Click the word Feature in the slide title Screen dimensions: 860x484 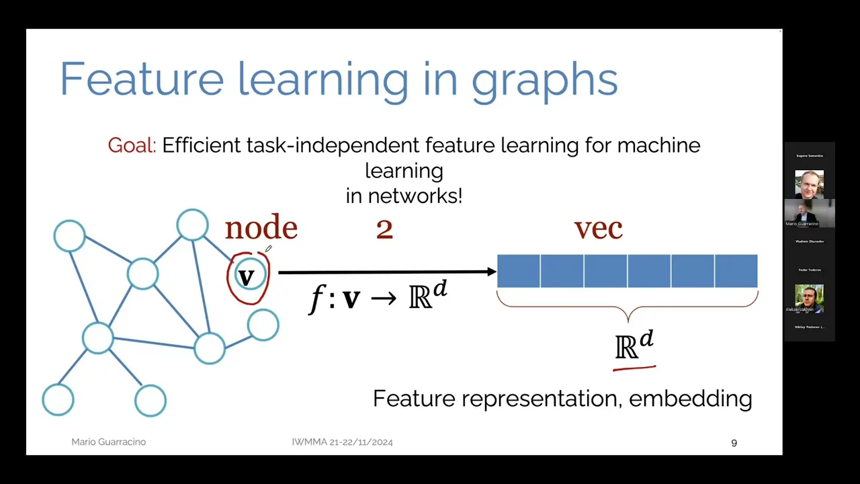142,79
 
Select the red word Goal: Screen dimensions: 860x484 132,145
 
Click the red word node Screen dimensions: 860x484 261,229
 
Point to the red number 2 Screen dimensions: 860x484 384,230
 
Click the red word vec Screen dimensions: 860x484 598,229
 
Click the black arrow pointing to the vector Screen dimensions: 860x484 386,272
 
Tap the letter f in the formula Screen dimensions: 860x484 316,298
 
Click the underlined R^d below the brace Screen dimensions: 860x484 634,347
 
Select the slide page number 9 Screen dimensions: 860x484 734,442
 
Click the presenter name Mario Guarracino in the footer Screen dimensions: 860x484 108,442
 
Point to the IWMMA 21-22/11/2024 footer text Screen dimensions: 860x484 342,442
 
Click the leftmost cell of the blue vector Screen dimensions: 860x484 518,271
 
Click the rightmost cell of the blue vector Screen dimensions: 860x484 736,271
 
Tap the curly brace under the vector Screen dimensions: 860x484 628,311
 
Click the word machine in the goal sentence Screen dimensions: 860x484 658,145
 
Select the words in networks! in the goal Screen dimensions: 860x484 404,196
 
